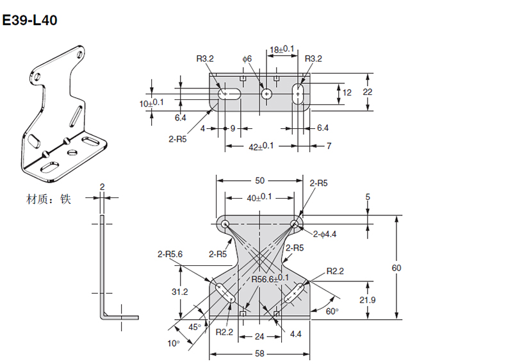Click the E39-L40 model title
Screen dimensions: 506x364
coord(29,20)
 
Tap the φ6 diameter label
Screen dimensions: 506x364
coord(247,59)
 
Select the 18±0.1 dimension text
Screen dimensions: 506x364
coord(282,49)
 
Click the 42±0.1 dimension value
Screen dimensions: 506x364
coord(261,146)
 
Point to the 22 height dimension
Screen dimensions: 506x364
coord(367,92)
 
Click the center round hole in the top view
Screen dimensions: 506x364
coord(266,94)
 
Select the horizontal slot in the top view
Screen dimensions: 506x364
coord(229,94)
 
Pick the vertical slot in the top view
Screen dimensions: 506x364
coord(298,94)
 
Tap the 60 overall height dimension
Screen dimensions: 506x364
coord(396,268)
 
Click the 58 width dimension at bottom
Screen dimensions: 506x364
coord(259,354)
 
